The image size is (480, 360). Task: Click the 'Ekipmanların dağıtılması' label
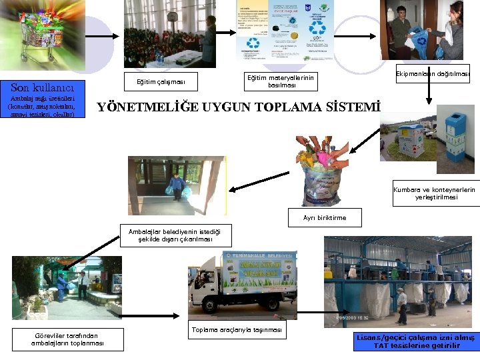pyautogui.click(x=432, y=73)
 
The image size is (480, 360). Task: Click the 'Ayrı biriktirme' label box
pyautogui.click(x=324, y=217)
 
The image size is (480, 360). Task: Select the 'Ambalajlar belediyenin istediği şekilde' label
pyautogui.click(x=175, y=235)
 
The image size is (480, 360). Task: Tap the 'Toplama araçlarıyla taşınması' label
pyautogui.click(x=237, y=330)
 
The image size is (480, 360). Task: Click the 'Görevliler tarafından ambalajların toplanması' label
pyautogui.click(x=67, y=339)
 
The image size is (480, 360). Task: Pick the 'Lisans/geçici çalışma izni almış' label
pyautogui.click(x=416, y=341)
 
